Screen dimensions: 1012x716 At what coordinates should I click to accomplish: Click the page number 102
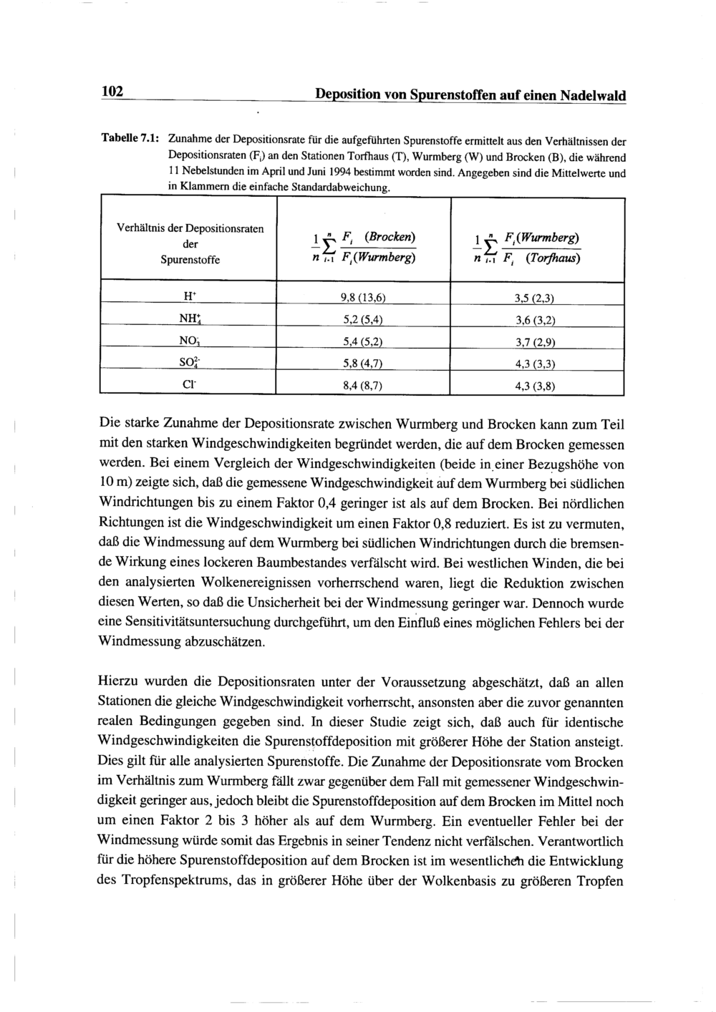click(x=113, y=92)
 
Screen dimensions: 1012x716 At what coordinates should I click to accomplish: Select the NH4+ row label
click(x=189, y=318)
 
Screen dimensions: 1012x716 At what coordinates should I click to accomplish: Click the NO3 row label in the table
click(x=189, y=341)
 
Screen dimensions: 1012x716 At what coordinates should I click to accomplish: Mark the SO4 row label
click(x=189, y=362)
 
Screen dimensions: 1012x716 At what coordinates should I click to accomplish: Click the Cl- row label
click(x=189, y=384)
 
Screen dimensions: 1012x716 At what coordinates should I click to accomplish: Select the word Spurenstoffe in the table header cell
click(x=190, y=260)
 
